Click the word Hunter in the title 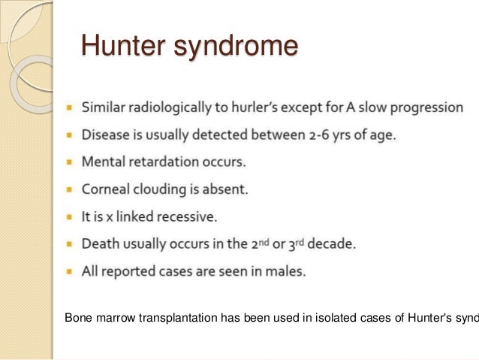tap(125, 47)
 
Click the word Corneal tap(113, 190)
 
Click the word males tap(285, 272)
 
